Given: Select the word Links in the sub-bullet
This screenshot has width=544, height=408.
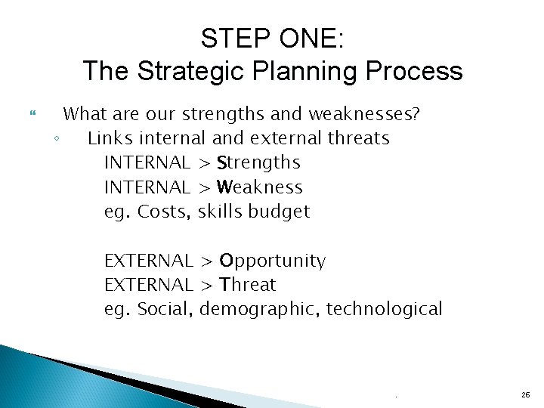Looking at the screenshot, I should coord(108,138).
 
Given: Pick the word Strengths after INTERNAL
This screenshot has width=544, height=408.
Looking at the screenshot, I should coord(258,162).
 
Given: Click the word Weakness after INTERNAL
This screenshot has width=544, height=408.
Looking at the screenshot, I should coord(259,187).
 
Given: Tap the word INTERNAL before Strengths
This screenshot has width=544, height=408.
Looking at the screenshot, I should coord(147,162).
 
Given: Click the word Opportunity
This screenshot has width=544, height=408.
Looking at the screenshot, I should coord(272,261).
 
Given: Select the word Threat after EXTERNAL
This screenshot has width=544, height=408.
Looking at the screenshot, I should coord(248,285).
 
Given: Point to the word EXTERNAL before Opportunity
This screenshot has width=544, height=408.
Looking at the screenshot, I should coord(148,261).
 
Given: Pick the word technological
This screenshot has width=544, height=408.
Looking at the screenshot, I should coord(384,309).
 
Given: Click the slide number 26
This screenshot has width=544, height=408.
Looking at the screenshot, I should coord(525,394).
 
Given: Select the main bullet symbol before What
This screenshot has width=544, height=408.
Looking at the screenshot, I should coord(31,115).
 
